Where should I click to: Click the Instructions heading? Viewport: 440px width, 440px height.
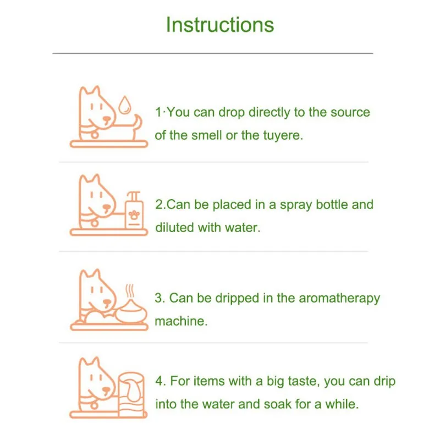220,25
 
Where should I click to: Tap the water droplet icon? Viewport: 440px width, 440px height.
124,105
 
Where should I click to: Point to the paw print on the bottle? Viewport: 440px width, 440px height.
134,215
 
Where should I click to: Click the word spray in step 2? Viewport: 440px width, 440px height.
296,205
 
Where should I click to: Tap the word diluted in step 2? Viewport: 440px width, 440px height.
174,227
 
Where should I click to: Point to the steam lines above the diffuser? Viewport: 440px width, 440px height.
129,291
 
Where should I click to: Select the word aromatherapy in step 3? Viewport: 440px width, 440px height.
339,299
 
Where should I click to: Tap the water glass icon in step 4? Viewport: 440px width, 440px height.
131,394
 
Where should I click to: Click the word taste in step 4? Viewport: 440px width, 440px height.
304,381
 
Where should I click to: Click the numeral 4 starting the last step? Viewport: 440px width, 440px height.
159,381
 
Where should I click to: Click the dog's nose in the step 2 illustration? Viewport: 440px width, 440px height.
107,208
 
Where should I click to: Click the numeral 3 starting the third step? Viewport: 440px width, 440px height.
158,298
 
